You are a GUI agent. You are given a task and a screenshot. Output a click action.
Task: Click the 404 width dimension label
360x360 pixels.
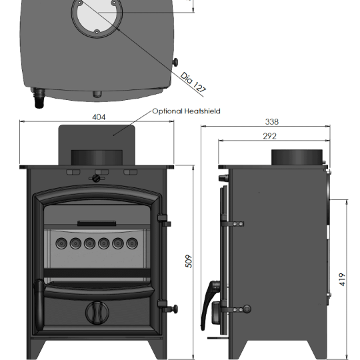tap(98, 117)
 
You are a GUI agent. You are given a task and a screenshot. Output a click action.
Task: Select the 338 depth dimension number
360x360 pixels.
tap(271, 122)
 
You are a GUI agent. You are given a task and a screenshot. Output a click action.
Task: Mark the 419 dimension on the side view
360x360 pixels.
tap(343, 277)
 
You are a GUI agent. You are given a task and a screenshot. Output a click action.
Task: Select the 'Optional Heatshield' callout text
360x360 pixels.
tap(186, 111)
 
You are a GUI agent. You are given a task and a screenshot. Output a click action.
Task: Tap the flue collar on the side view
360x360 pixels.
tap(297, 157)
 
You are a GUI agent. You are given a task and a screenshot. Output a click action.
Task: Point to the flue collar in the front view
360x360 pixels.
tap(97, 158)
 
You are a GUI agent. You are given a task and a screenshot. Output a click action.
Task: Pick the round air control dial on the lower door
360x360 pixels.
tap(97, 311)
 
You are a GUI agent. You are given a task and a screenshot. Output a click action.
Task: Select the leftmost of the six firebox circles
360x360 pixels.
tap(60, 243)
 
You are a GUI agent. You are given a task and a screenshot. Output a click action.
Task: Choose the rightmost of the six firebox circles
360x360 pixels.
tap(133, 243)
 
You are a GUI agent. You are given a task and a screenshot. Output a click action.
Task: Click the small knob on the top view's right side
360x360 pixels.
tap(177, 62)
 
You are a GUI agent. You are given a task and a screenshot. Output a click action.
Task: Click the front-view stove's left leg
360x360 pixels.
tap(36, 348)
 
